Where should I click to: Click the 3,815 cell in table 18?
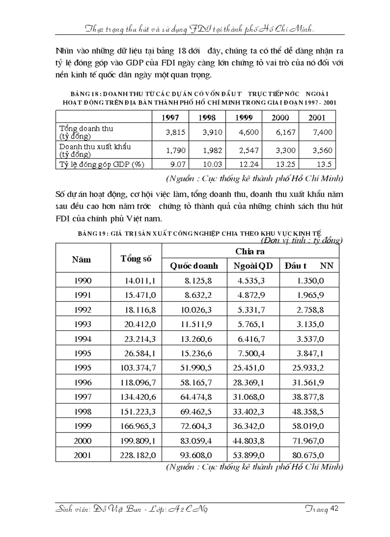point(175,132)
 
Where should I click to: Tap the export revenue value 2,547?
point(249,150)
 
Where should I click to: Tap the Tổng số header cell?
point(136,259)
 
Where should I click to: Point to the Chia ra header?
point(250,251)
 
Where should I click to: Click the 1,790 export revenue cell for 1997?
point(175,150)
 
